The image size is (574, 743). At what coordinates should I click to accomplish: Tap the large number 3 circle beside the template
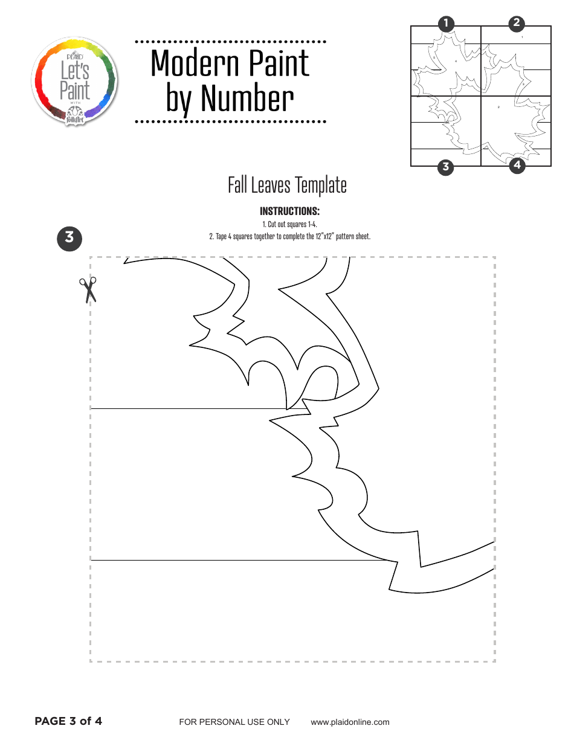pos(69,237)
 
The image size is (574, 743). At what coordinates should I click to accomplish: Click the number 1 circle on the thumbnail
pos(446,24)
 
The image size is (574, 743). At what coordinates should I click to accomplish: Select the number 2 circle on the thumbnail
pos(517,24)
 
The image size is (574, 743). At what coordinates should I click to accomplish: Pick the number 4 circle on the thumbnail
pos(517,165)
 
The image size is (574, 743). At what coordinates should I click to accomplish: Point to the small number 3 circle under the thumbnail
pos(446,167)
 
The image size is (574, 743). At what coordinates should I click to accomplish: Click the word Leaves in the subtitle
pos(271,185)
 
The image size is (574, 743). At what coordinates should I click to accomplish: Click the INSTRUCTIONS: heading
pos(289,211)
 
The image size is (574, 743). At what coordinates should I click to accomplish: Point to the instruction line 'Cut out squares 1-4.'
pos(289,225)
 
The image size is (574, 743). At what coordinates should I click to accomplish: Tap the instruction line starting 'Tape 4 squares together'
pos(289,236)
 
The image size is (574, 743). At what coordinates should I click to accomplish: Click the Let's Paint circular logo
pos(74,81)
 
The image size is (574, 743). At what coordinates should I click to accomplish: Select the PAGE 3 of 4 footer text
pos(68,721)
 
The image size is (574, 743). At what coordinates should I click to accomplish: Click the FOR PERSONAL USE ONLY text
pos(234,722)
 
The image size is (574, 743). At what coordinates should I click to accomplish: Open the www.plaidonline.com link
pos(350,722)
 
